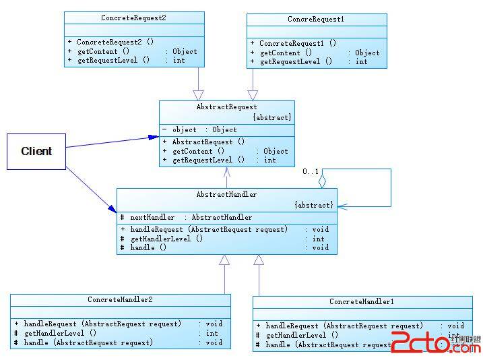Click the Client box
tap(36, 151)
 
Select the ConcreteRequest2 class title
tap(133, 18)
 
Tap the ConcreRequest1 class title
tap(316, 20)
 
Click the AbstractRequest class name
tap(226, 107)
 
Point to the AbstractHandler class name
tap(226, 194)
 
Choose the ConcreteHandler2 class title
tap(120, 299)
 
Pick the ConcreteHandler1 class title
tap(362, 301)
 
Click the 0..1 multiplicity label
tap(311, 172)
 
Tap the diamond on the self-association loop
tap(322, 181)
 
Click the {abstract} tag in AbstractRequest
tap(272, 117)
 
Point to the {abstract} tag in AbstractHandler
tap(313, 205)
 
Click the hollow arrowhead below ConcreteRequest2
tap(198, 94)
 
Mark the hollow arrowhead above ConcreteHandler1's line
tap(259, 260)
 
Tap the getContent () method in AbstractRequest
tap(198, 151)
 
